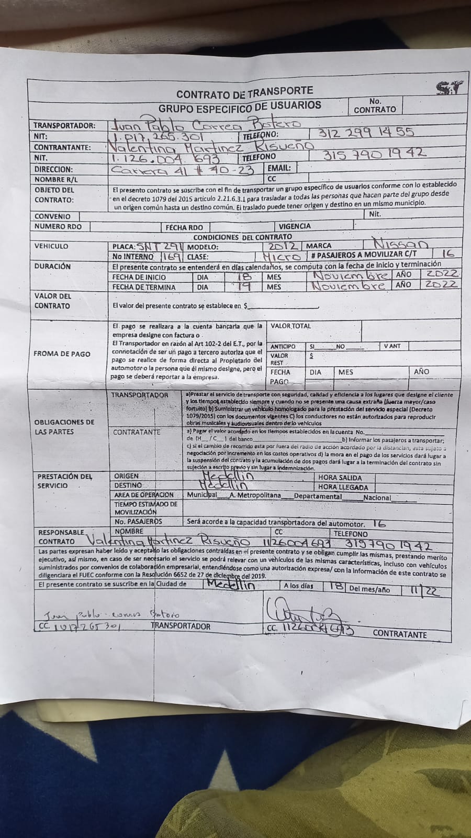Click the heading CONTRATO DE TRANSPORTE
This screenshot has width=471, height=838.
point(244,93)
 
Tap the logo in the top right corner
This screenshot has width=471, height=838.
point(450,88)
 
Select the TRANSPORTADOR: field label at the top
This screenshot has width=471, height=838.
point(64,126)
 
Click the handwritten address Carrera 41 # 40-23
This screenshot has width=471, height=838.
point(183,170)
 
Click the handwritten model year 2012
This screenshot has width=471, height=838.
point(283,246)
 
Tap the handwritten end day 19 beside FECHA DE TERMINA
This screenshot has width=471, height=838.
point(243,286)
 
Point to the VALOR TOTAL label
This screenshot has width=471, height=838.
point(290,326)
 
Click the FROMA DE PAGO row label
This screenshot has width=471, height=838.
point(62,354)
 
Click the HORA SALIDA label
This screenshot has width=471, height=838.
point(340,478)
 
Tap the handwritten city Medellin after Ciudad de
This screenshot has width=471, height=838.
point(231,585)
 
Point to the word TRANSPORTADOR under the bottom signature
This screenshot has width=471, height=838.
point(181,626)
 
